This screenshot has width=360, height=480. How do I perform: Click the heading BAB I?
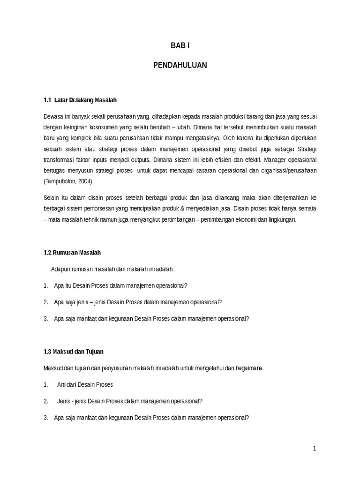coord(180,46)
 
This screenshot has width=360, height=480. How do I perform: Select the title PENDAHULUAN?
coord(180,66)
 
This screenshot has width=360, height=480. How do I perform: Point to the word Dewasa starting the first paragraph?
coord(53,116)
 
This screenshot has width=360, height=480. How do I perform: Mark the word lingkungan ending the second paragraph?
coord(281,219)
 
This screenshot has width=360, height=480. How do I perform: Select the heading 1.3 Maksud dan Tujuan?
coord(74,351)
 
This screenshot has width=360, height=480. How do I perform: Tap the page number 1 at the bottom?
coord(315,449)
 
